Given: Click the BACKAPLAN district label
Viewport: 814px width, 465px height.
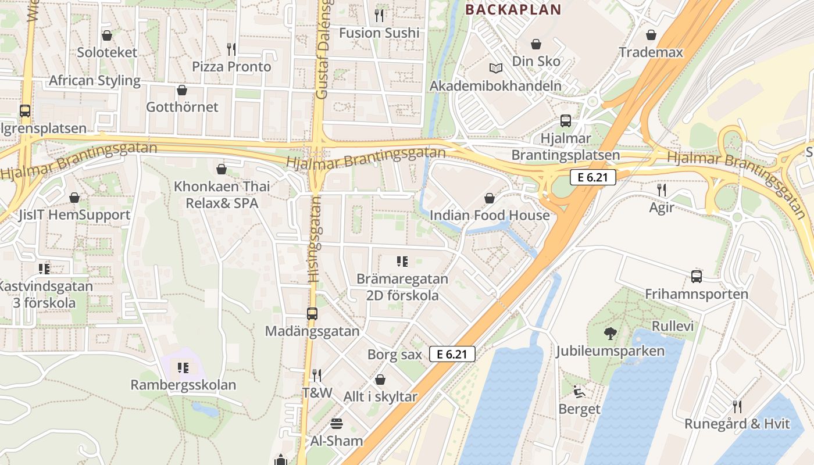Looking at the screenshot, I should (x=513, y=9).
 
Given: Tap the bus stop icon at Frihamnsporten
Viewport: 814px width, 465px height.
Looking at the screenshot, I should (x=697, y=277).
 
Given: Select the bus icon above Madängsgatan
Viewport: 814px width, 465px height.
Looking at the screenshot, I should (x=312, y=314).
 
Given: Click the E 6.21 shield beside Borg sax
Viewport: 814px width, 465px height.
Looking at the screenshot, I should (x=452, y=353).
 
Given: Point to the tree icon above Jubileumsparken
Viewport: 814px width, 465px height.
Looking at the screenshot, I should (x=610, y=333).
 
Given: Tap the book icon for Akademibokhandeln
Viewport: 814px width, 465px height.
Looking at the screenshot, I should (x=495, y=69).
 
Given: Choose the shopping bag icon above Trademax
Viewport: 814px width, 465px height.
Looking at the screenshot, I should (x=651, y=35).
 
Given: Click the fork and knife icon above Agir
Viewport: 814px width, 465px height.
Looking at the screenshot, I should (x=661, y=189).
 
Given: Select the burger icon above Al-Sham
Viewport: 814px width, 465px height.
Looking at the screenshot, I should (x=337, y=423).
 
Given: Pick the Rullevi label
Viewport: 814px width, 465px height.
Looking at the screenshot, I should (x=673, y=326).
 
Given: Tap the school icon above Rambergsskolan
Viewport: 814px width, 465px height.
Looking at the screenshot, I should (x=183, y=367).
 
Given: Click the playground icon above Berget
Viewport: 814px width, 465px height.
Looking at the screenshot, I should (x=579, y=392).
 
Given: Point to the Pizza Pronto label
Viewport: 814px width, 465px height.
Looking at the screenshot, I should (x=231, y=67).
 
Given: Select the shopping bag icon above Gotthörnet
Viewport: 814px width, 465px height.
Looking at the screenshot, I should (x=182, y=90).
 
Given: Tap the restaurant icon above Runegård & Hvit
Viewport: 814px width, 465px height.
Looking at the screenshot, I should (x=737, y=406).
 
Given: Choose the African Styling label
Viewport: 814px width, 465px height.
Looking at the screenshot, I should (x=95, y=80).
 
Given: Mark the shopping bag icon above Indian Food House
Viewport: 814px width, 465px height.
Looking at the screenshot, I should (x=490, y=198).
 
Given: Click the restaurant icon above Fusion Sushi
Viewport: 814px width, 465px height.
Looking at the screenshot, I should (x=379, y=15).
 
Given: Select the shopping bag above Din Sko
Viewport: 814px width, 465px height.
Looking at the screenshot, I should (x=536, y=44).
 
